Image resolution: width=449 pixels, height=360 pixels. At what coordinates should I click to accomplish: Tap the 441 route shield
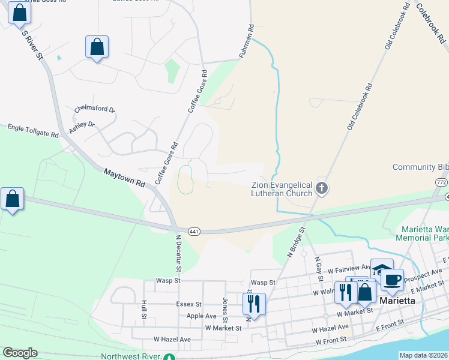point(193,232)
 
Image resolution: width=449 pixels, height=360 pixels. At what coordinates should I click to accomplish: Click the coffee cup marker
point(392,279)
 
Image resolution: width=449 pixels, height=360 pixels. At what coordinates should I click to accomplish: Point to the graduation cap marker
point(381,269)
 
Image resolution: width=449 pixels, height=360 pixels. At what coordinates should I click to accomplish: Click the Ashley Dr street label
point(82,127)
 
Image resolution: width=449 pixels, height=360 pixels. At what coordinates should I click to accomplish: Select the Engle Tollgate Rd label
point(33,128)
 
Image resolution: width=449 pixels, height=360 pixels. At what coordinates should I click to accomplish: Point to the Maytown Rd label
point(124,177)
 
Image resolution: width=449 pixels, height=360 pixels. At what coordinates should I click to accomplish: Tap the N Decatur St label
point(178,253)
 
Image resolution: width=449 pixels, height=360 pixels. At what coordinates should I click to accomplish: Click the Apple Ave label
point(201,316)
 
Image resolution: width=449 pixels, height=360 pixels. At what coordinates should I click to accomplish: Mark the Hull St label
point(144,310)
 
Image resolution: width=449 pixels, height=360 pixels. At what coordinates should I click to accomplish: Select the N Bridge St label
point(296,241)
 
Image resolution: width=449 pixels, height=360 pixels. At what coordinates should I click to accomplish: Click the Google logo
point(20,353)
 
